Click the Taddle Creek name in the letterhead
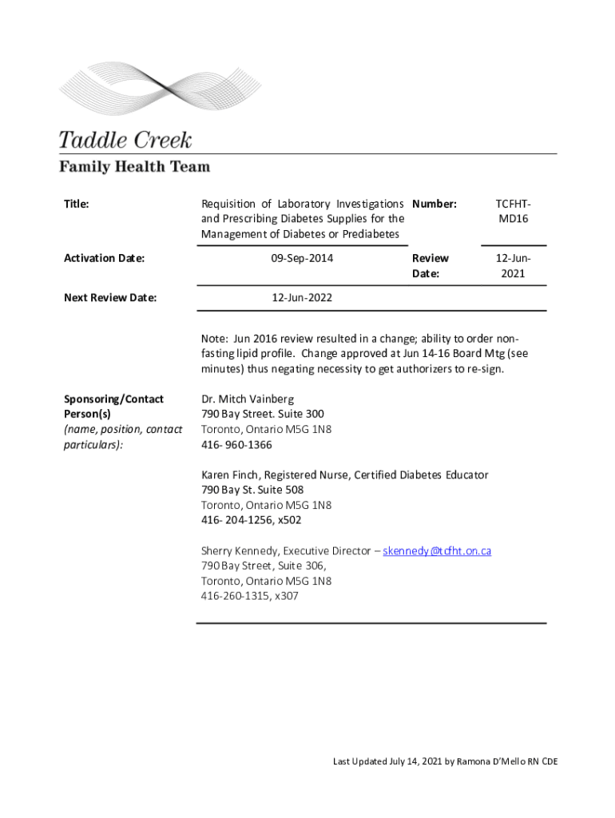click(125, 141)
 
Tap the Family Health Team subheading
click(134, 167)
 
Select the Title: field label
click(76, 204)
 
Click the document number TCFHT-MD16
click(512, 212)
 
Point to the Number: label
click(434, 204)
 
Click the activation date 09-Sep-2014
click(302, 258)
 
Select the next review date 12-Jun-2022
click(302, 298)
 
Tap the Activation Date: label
click(104, 258)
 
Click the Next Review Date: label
click(109, 298)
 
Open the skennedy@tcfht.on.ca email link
click(437, 551)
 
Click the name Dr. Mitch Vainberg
click(248, 399)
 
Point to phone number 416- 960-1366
click(236, 444)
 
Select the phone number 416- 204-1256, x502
click(252, 520)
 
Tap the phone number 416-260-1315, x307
click(250, 596)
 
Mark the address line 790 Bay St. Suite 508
click(252, 490)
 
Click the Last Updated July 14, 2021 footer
click(445, 761)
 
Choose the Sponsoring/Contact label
click(113, 399)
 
